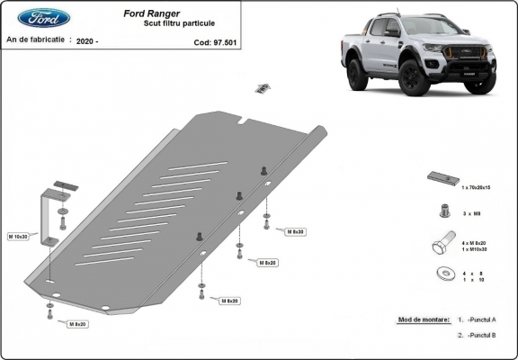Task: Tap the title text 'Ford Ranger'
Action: (x=150, y=13)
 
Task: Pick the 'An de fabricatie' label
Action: (x=36, y=40)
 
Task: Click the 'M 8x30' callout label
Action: (x=296, y=232)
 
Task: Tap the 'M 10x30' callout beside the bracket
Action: (x=19, y=237)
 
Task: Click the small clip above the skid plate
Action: (x=263, y=88)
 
